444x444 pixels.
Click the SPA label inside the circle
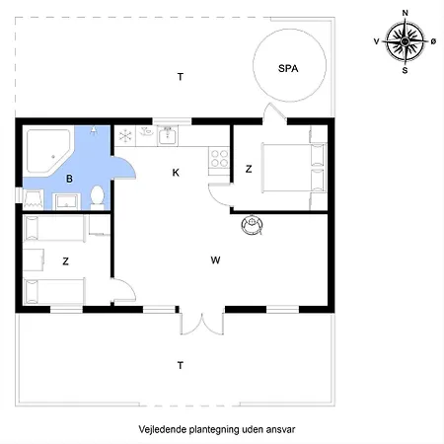(288, 68)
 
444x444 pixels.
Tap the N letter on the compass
(405, 13)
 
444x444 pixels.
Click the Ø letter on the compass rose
(433, 41)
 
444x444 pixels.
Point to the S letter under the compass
(405, 70)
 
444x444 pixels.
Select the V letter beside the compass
(377, 41)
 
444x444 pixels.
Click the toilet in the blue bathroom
(97, 197)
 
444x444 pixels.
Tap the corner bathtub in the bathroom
(49, 151)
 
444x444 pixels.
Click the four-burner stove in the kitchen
(219, 159)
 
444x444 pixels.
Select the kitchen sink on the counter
(168, 135)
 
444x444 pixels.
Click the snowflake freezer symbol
(125, 136)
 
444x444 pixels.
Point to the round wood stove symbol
(252, 225)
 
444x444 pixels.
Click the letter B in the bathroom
(69, 179)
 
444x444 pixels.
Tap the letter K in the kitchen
(176, 173)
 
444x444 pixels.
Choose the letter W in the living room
(215, 260)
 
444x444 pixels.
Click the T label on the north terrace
(181, 77)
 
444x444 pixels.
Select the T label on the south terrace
(181, 365)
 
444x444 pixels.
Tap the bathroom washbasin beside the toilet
(67, 201)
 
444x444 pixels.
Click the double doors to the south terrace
(201, 324)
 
